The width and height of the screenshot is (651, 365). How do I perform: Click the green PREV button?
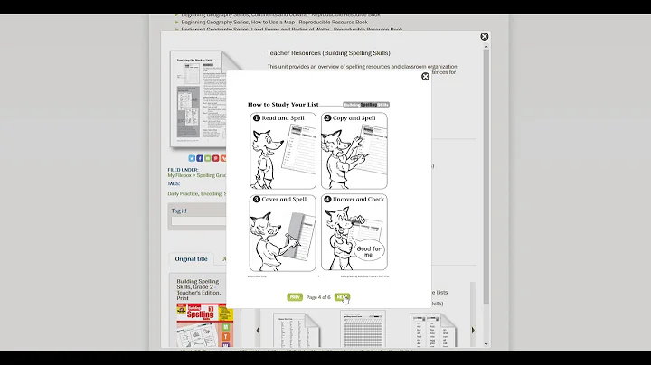tap(295, 297)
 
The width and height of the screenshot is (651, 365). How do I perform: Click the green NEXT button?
tap(342, 297)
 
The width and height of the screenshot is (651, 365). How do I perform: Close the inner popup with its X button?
tap(426, 77)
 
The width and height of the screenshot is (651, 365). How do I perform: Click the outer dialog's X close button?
tap(484, 37)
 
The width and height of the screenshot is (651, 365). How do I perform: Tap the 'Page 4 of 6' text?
tap(318, 297)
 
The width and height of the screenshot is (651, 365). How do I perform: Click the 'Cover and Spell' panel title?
tap(286, 199)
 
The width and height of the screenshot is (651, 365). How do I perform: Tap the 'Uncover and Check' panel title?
tap(358, 199)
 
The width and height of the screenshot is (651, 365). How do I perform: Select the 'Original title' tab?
tap(191, 259)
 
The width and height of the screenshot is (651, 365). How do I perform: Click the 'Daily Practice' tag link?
tap(183, 193)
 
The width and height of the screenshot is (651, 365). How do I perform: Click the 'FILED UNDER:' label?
tap(184, 169)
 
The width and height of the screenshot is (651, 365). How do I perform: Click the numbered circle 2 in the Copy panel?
tap(327, 118)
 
